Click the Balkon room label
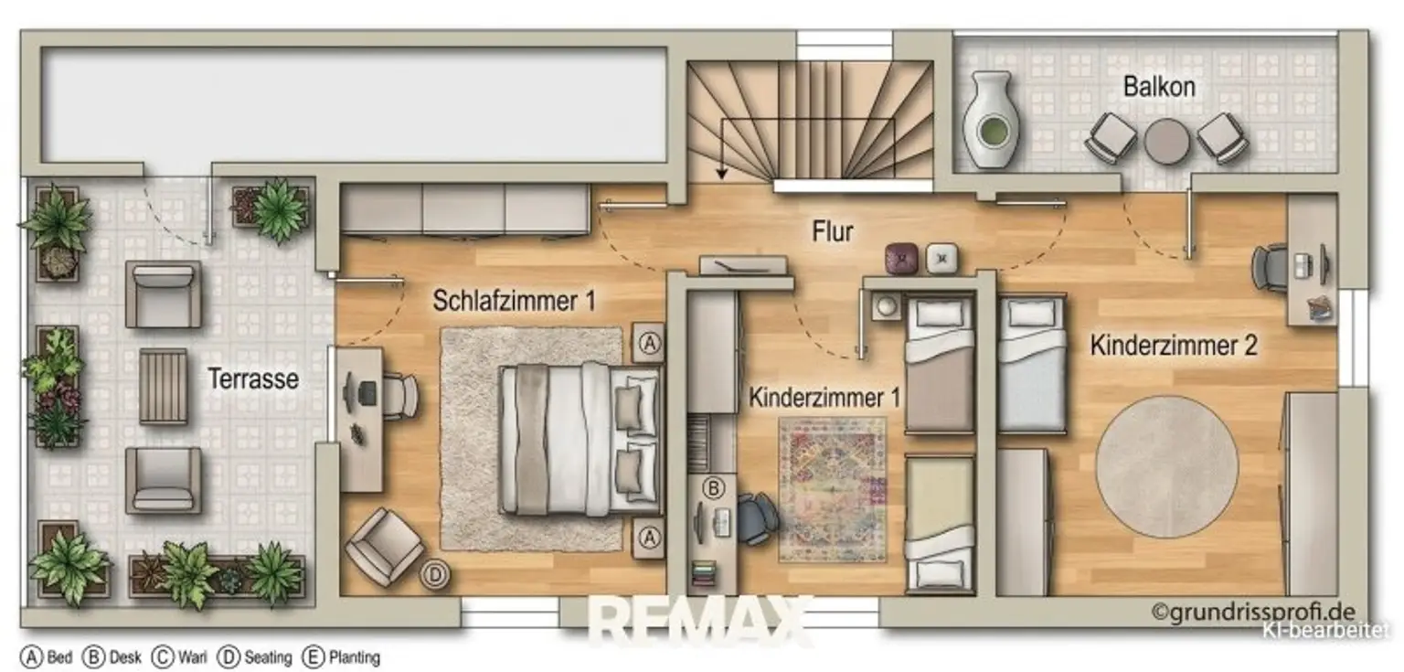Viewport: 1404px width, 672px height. (1159, 87)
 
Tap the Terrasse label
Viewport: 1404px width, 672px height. (253, 379)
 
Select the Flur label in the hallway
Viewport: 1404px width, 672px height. (833, 231)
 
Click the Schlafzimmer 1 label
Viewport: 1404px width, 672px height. (514, 301)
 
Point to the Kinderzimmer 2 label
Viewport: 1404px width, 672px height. (1174, 346)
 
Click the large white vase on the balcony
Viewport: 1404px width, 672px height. (989, 120)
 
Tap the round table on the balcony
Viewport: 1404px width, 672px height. (1167, 141)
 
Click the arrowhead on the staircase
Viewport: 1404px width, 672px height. (722, 172)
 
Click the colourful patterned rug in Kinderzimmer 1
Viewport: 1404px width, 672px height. (833, 489)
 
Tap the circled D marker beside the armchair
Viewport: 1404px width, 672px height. (435, 575)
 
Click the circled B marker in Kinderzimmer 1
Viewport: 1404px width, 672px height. (713, 487)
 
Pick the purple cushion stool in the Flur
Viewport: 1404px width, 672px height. (901, 258)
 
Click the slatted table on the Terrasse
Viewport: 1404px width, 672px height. (163, 386)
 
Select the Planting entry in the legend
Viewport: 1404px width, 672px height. (342, 657)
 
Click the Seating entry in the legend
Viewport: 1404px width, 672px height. (254, 657)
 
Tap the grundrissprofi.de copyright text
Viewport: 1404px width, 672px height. (1253, 612)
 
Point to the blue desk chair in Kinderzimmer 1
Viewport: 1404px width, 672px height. (757, 518)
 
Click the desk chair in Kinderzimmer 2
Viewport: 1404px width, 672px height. (1270, 268)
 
